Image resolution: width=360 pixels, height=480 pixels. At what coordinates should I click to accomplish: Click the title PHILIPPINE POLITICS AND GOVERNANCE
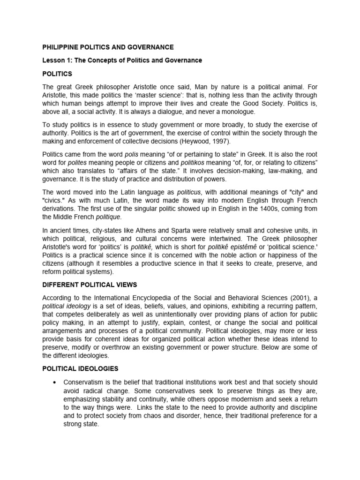[108, 47]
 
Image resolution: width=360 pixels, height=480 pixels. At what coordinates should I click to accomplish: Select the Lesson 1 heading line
[122, 60]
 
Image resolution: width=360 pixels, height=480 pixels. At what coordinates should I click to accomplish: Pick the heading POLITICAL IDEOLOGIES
[80, 369]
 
